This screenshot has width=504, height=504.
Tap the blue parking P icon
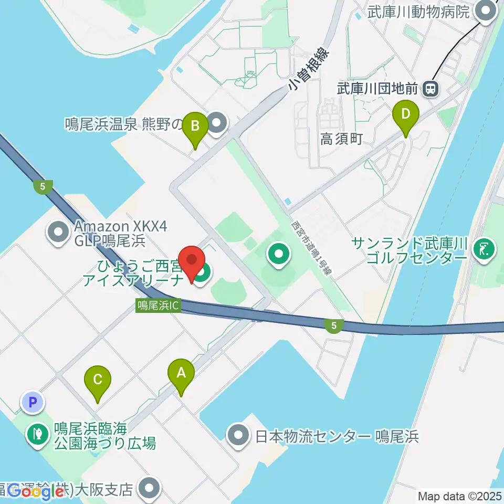pos(33,403)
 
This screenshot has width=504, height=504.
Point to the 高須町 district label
pos(342,139)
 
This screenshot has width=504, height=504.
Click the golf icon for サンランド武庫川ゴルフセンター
pos(484,248)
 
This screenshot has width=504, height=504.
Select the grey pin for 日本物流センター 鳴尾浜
pos(238,436)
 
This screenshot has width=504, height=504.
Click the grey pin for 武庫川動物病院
pos(486,12)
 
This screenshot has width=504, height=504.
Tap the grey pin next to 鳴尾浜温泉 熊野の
pos(217,124)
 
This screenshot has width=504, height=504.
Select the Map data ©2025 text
pos(459,496)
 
